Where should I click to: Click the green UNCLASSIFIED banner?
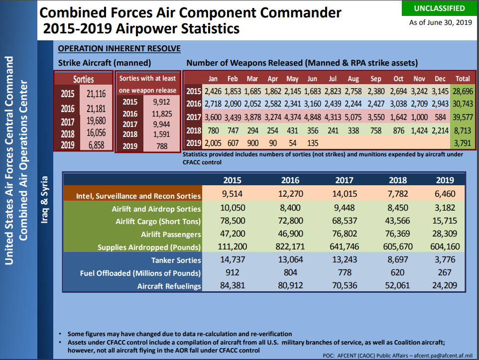pos(440,8)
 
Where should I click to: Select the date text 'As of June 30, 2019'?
pos(440,22)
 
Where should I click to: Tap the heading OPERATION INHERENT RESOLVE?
pos(119,48)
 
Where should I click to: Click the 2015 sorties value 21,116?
pos(96,94)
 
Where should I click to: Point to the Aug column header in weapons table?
pos(353,79)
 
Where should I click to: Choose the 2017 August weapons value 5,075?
pos(353,117)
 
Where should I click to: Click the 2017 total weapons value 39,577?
pos(463,117)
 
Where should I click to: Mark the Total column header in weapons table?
pos(463,79)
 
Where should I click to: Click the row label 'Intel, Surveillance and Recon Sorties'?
pos(138,196)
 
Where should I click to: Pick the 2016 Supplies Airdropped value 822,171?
pos(290,247)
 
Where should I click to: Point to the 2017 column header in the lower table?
pos(344,180)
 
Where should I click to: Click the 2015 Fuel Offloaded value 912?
pos(232,273)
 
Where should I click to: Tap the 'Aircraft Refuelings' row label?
pos(169,286)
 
